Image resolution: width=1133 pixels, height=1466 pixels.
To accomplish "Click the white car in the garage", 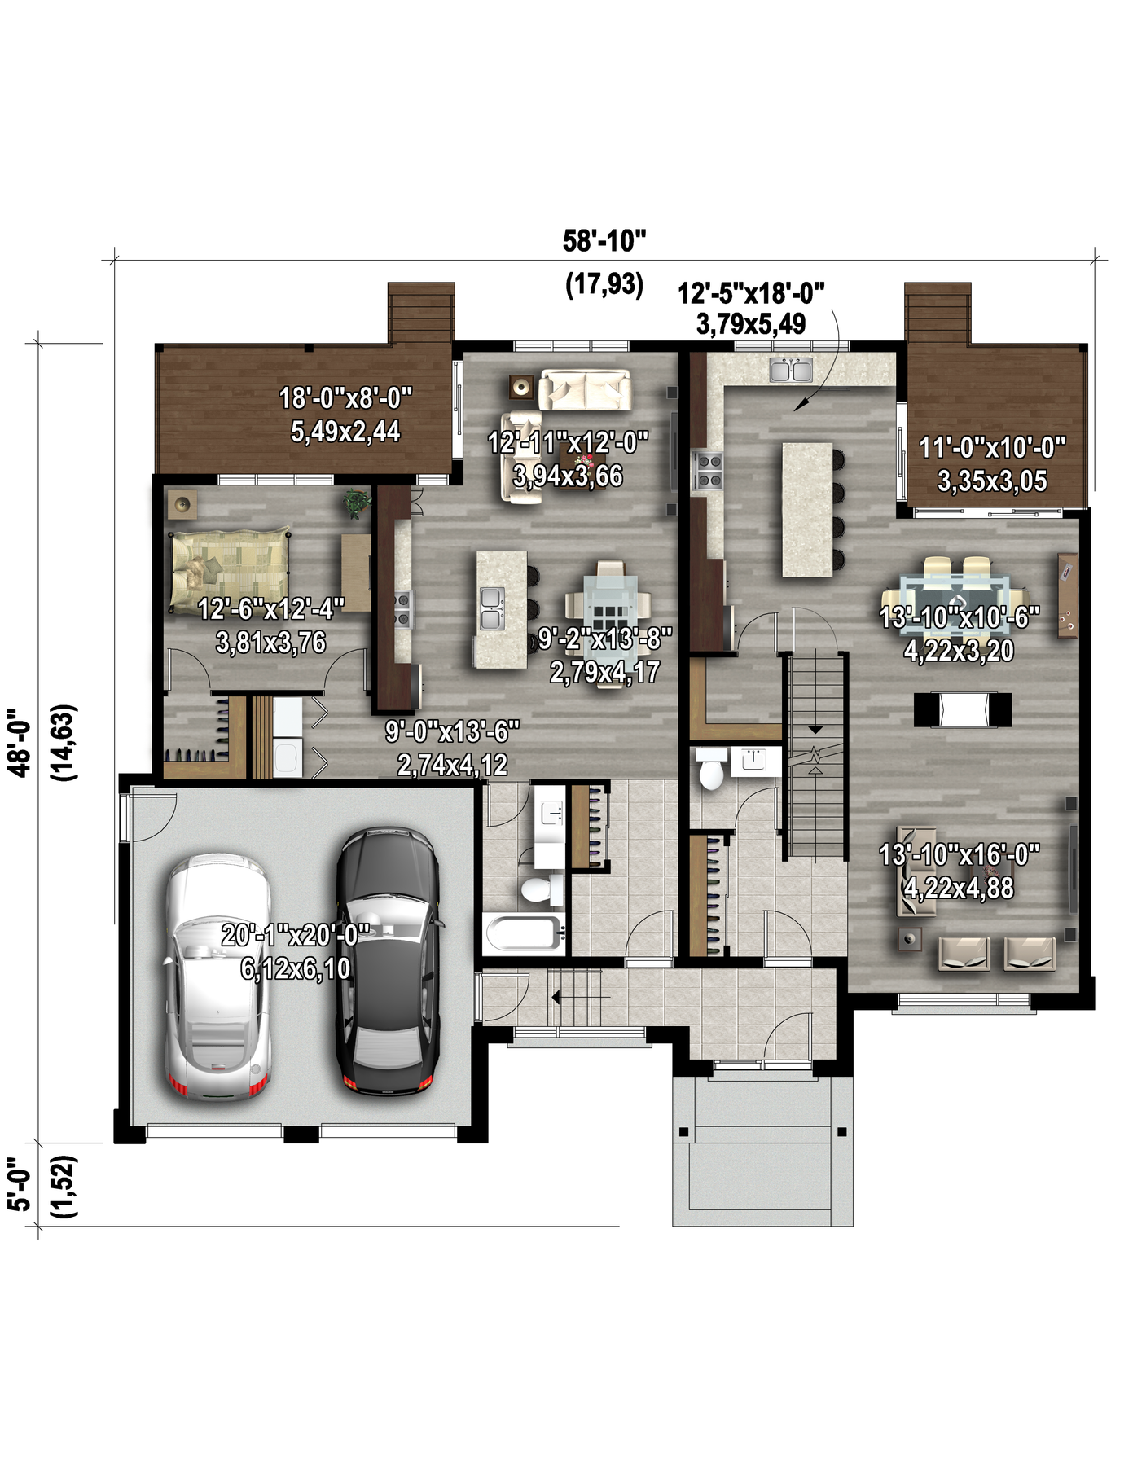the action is pos(217,977).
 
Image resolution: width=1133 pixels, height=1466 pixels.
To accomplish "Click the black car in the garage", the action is pos(389,961).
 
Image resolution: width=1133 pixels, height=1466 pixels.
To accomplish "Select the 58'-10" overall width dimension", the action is pos(604,241).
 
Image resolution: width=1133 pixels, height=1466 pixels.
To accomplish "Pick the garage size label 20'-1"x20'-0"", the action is pos(296,935).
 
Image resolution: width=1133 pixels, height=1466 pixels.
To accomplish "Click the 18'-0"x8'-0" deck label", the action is pos(346,398).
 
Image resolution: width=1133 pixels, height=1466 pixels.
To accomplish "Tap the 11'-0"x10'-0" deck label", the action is pos(992,447).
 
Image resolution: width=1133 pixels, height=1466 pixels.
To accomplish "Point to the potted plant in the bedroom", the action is pos(356,503).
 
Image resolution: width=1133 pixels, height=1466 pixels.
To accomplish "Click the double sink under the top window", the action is pos(791,370).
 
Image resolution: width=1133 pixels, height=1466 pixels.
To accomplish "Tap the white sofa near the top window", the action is pos(585,389).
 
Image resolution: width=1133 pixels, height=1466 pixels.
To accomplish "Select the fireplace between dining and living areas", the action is pos(962,709).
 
